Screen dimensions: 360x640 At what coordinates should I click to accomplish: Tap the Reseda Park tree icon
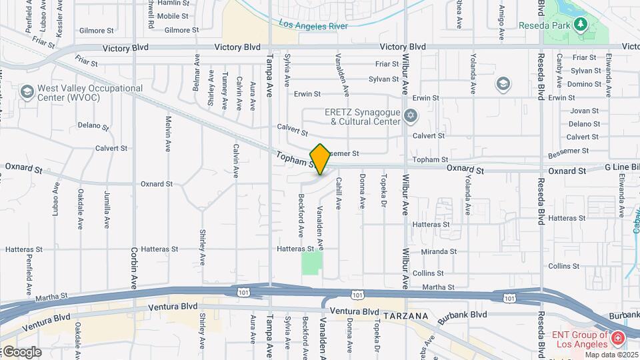tap(581, 25)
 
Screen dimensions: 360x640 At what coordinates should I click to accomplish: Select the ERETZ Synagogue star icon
tap(411, 117)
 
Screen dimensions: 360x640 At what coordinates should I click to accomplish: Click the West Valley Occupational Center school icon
tap(27, 92)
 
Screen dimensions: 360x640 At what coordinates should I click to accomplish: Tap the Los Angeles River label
tap(313, 25)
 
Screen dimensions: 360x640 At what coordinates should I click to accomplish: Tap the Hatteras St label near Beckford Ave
tap(295, 249)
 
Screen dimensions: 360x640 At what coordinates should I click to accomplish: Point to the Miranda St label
tap(438, 251)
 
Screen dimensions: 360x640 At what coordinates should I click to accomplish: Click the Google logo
tap(21, 352)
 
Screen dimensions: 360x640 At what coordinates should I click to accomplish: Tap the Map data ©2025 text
tap(610, 354)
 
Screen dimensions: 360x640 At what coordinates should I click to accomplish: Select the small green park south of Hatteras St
tap(310, 263)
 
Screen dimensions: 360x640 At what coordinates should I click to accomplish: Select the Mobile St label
tap(173, 16)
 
